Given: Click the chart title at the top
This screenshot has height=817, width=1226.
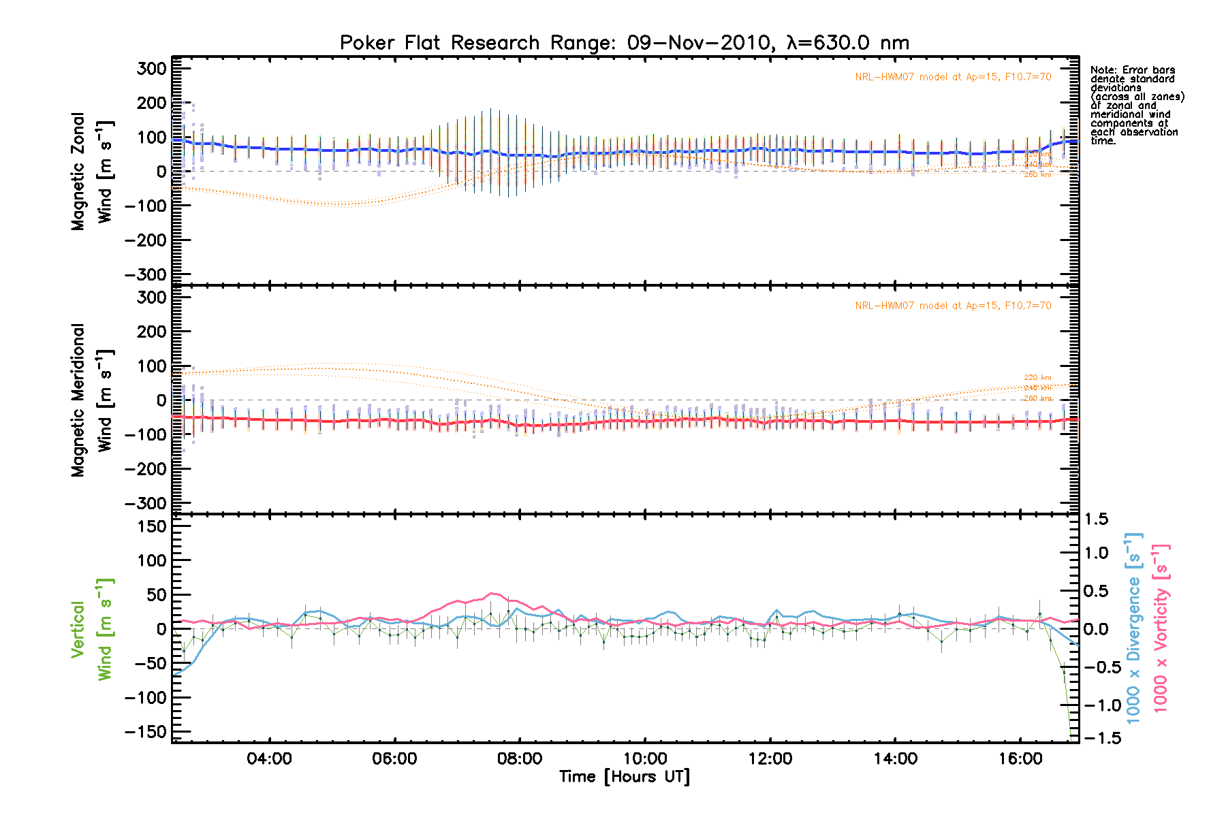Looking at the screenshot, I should point(625,43).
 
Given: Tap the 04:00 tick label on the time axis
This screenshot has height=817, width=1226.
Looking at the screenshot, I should point(270,758).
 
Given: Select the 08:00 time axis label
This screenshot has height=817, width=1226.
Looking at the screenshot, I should point(520,758).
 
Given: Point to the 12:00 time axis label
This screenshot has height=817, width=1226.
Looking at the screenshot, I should point(770,758).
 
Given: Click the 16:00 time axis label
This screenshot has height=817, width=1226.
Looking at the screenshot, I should point(1020,758).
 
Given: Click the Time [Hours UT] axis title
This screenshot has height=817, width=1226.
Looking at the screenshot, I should point(625,777).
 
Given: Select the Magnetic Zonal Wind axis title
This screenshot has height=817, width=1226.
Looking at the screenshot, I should point(92,172).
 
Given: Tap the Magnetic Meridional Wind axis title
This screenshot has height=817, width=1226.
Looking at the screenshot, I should point(92,400).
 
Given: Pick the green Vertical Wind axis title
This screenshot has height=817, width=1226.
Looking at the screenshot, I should point(92,629).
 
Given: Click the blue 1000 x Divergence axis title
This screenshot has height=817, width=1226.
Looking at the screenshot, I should point(1133,628).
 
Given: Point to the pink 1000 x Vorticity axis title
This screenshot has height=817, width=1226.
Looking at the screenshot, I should point(1161,628).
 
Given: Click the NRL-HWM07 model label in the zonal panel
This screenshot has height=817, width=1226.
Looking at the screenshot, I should point(953,77).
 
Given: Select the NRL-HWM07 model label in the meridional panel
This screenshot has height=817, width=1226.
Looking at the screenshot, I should point(953,306).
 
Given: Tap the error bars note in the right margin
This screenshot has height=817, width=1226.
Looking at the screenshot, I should point(1136,106).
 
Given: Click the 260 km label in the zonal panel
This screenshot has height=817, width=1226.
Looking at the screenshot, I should point(1037,175).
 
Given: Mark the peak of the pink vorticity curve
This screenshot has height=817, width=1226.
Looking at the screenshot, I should point(492,594).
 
